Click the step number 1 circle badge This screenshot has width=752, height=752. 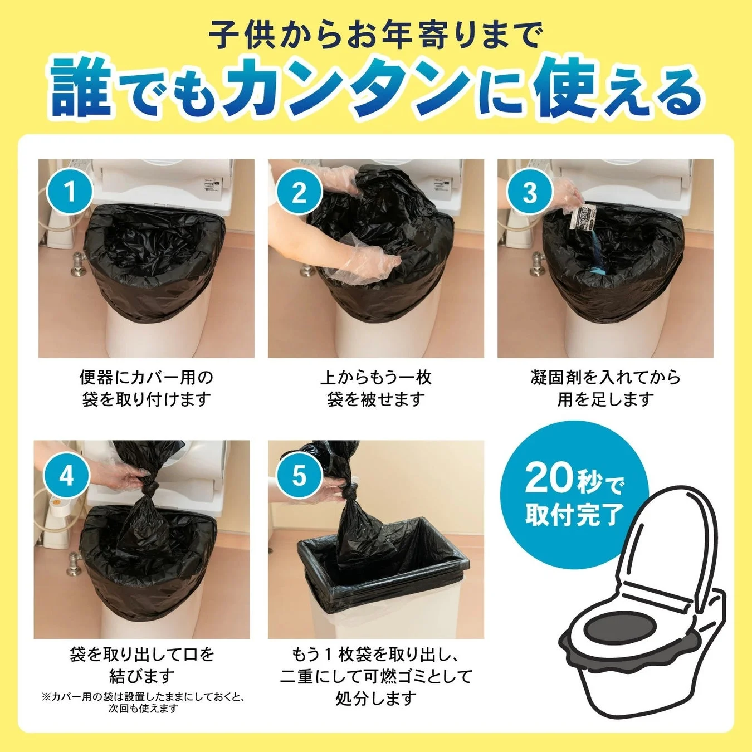pyautogui.click(x=70, y=192)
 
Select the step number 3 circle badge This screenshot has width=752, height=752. pyautogui.click(x=529, y=192)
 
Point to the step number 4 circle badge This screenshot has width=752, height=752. pyautogui.click(x=66, y=476)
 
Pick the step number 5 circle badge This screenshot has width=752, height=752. pyautogui.click(x=299, y=476)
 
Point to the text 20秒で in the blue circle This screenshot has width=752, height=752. pyautogui.click(x=574, y=479)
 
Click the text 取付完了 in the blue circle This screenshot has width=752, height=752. pyautogui.click(x=574, y=514)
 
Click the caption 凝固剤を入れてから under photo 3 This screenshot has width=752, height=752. pyautogui.click(x=605, y=378)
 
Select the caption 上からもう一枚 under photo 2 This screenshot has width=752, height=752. pyautogui.click(x=375, y=378)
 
